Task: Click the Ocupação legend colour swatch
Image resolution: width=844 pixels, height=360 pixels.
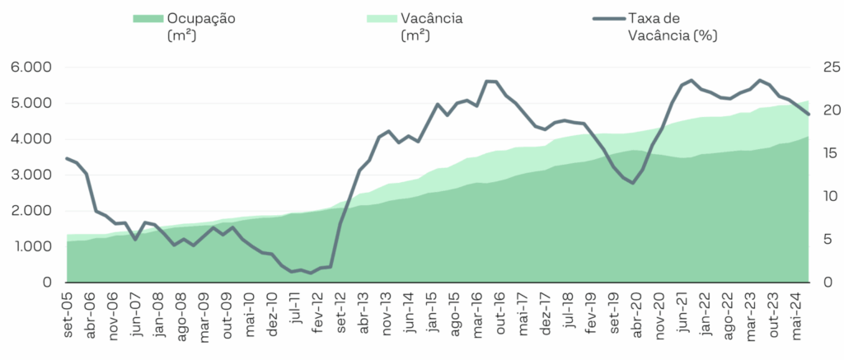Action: click(147, 18)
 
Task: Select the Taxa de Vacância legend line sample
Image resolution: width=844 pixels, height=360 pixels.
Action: click(608, 18)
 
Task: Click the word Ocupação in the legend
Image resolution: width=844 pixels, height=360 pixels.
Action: click(201, 18)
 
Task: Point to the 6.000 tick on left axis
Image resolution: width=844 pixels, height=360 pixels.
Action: click(30, 68)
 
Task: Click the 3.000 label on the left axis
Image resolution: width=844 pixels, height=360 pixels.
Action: click(30, 175)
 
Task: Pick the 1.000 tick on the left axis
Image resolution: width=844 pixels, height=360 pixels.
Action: click(30, 247)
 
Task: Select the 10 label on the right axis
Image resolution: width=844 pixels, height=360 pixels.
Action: click(826, 197)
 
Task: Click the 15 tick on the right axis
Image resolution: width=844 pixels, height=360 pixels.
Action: click(826, 153)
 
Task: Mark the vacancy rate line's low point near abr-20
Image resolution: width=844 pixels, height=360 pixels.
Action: click(632, 183)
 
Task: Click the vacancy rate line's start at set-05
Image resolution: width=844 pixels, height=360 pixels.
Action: click(68, 158)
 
